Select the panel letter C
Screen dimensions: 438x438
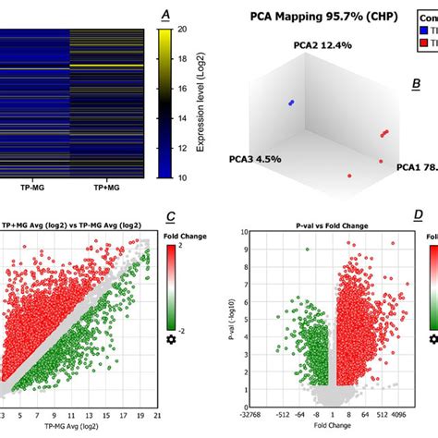pos(170,218)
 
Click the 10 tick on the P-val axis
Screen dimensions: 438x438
pos(243,233)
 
